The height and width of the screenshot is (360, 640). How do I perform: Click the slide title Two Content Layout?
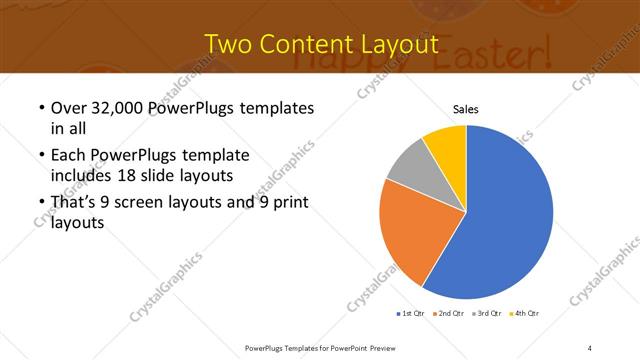click(320, 44)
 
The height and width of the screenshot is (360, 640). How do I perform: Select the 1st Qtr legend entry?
click(411, 314)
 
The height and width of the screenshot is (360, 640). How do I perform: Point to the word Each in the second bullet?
click(67, 156)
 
